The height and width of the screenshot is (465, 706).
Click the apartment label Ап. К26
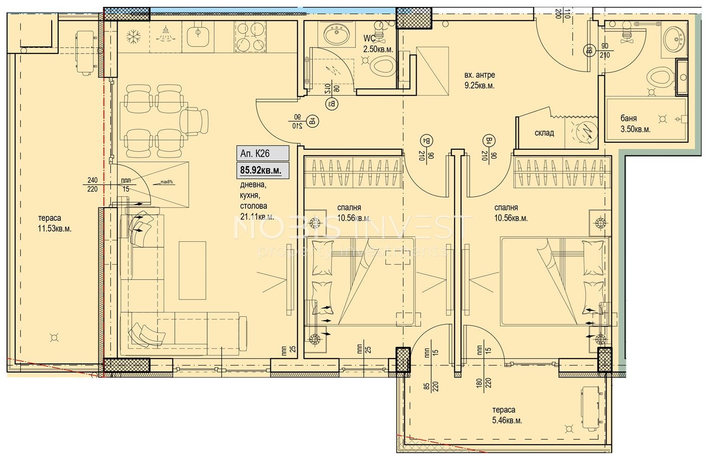click(x=255, y=153)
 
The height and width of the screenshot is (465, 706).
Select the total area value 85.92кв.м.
click(x=260, y=170)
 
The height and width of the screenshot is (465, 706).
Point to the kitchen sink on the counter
click(x=198, y=34)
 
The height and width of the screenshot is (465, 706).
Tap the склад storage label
click(x=544, y=133)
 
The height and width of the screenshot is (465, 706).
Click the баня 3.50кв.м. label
click(x=635, y=124)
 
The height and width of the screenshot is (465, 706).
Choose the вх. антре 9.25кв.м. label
click(x=480, y=80)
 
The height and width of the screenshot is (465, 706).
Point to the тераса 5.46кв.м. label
click(x=507, y=415)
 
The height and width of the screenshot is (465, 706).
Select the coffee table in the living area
click(x=192, y=270)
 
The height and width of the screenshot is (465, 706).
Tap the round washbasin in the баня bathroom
click(x=673, y=39)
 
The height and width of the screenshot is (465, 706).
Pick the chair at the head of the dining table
click(x=195, y=120)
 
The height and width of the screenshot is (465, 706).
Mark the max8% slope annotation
click(x=166, y=182)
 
